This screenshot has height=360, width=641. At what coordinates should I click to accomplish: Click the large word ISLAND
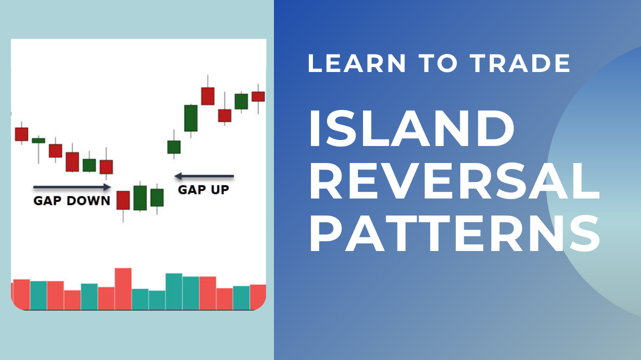click(x=411, y=129)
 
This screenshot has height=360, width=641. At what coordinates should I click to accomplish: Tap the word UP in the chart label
click(x=219, y=189)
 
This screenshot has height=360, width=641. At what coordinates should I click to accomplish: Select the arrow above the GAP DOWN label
click(x=72, y=187)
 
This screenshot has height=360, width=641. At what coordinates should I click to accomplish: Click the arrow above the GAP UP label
click(x=204, y=176)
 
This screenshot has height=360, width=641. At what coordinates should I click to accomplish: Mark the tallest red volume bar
click(x=123, y=289)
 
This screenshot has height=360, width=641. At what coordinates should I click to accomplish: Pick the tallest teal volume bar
click(x=174, y=291)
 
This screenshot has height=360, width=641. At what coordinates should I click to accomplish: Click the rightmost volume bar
click(x=258, y=296)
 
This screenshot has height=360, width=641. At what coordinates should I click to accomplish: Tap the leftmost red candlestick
click(x=22, y=134)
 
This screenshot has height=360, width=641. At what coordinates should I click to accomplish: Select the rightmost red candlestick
click(x=258, y=96)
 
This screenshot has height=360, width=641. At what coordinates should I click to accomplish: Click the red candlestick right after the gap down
click(x=123, y=200)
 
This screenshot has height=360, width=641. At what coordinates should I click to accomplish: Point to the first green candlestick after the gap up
click(x=174, y=147)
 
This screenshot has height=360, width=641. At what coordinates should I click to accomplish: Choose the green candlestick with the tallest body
click(x=191, y=118)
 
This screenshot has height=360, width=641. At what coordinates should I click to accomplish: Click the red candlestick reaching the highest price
click(x=208, y=96)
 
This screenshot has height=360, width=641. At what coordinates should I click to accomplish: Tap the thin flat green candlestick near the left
click(x=39, y=140)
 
